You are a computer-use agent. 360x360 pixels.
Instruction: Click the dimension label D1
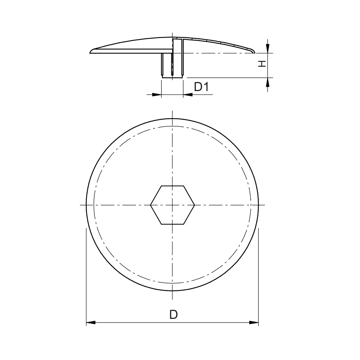click(201, 87)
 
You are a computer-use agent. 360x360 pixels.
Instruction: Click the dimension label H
click(262, 64)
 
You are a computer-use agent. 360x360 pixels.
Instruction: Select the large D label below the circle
click(174, 314)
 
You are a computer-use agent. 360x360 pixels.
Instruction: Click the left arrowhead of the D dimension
click(91, 323)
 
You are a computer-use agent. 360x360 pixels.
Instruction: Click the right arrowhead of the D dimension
click(254, 323)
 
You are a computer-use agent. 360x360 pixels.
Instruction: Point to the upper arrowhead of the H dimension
click(268, 49)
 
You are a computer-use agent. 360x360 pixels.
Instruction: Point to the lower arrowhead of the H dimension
click(268, 82)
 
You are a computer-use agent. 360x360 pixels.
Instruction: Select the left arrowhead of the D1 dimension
click(157, 94)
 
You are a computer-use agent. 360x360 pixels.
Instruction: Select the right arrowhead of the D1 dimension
click(188, 94)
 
